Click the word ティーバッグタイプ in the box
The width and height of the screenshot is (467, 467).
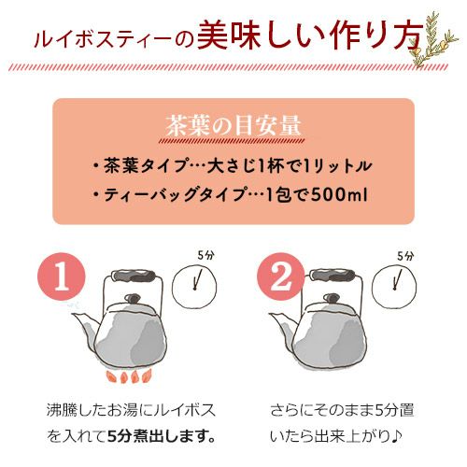click(169, 196)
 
